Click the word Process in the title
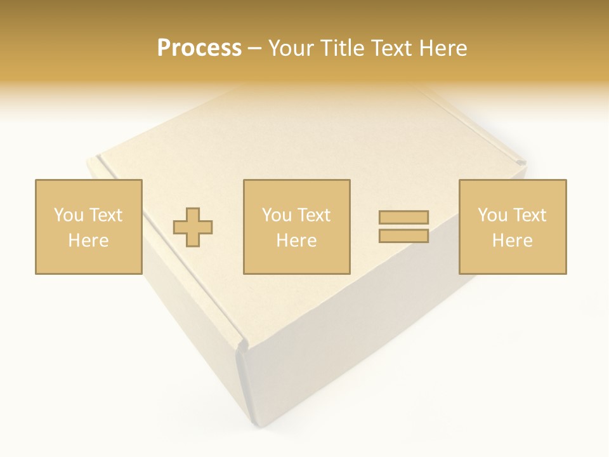click(199, 48)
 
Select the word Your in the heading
click(291, 48)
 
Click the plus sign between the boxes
click(193, 227)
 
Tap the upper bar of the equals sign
click(403, 217)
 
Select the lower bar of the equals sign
click(403, 235)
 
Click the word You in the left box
click(69, 215)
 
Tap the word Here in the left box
click(88, 241)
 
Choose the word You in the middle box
click(277, 215)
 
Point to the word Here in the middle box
click(296, 241)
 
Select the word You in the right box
click(492, 215)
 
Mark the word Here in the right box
click(512, 241)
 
